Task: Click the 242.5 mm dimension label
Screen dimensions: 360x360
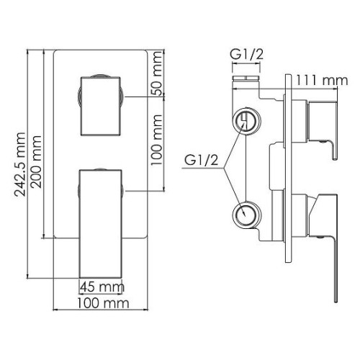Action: (x=20, y=164)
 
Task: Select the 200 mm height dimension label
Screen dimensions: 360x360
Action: (x=37, y=162)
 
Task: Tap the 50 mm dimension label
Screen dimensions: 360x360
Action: (x=157, y=73)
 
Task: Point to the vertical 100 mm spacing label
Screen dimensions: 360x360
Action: (x=157, y=140)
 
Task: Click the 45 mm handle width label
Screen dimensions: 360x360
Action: (x=102, y=287)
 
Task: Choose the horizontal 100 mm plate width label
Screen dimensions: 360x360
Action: (x=103, y=303)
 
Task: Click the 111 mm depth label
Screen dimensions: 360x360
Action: (x=321, y=80)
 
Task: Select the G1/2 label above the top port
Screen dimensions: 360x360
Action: (x=246, y=55)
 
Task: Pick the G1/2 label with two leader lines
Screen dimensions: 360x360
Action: (x=201, y=160)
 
